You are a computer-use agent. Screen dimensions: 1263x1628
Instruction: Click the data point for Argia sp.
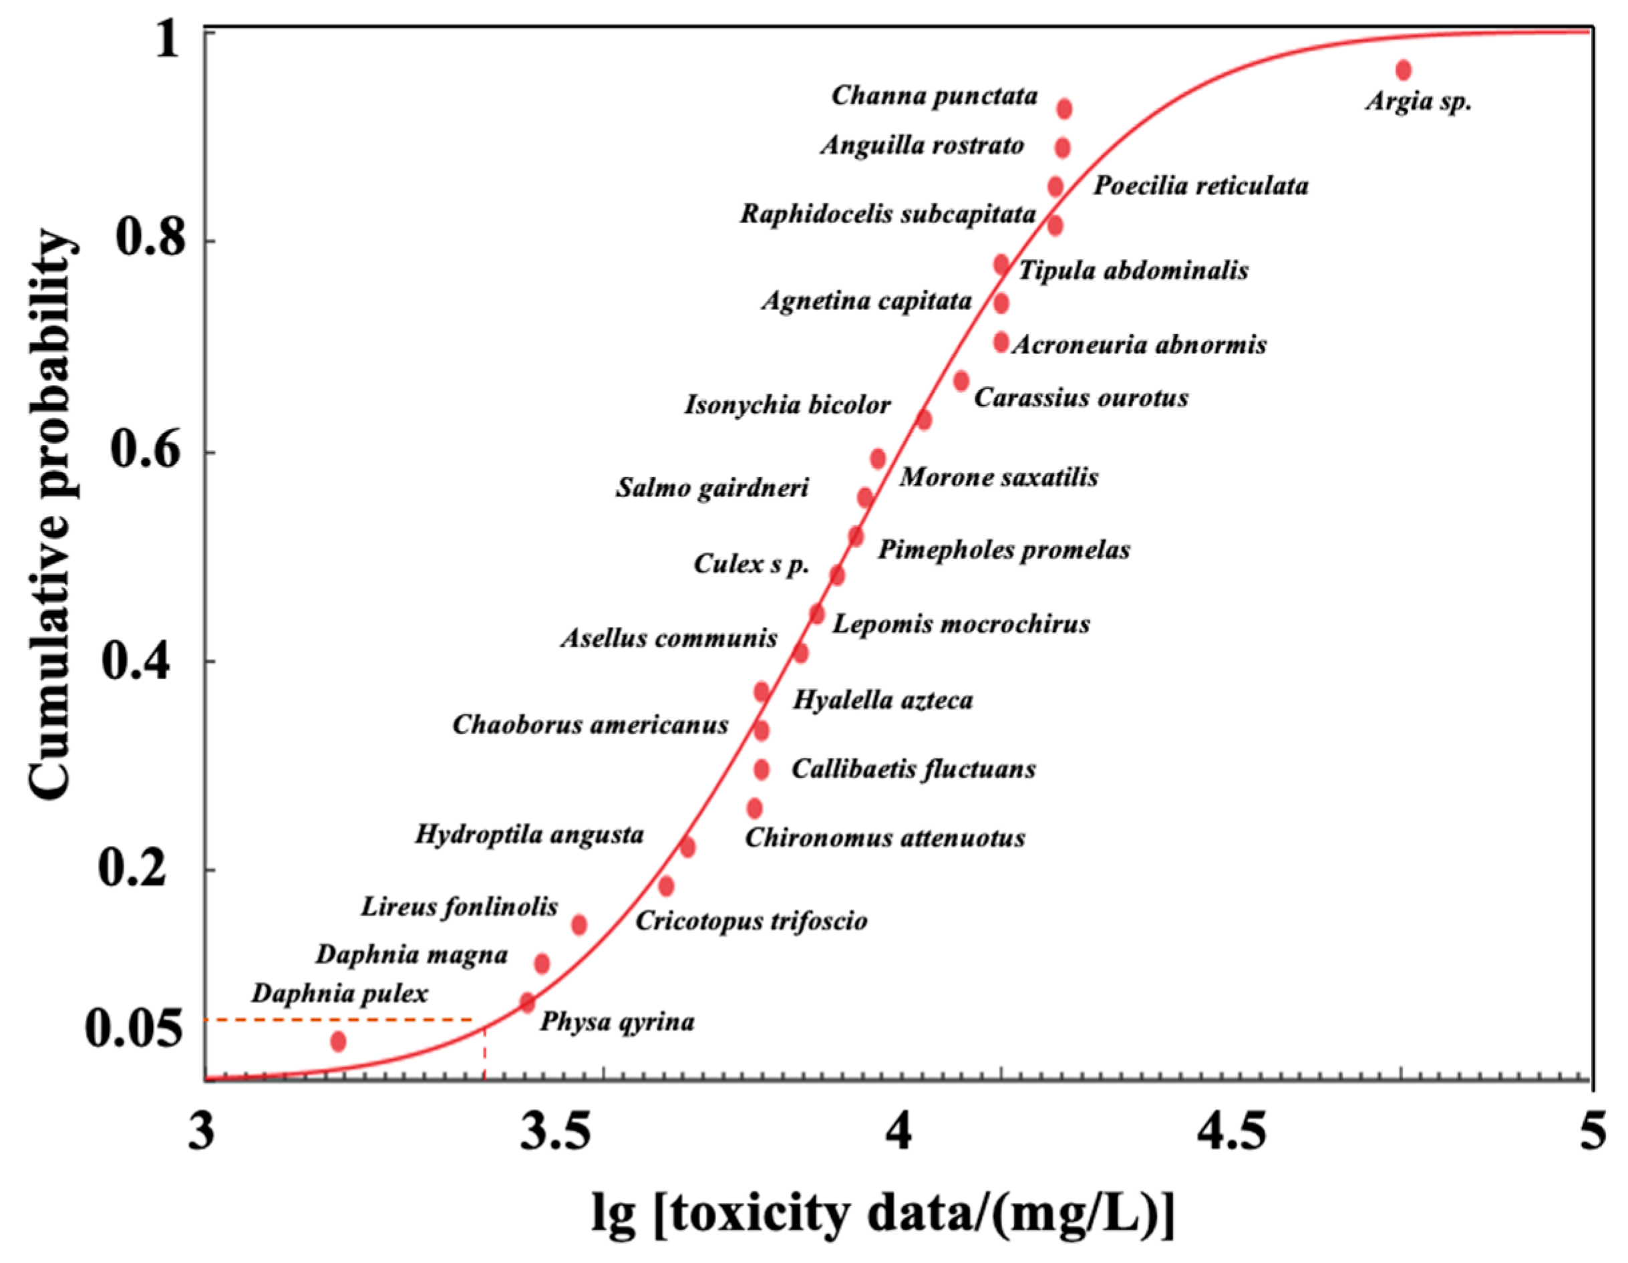tap(1404, 70)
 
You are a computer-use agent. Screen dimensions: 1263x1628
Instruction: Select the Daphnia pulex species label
tap(340, 994)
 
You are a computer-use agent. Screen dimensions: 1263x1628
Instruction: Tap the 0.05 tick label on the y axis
tap(134, 1029)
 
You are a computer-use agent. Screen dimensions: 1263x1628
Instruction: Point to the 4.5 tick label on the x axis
tap(1232, 1132)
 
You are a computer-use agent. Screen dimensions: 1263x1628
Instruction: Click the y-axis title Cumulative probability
tap(51, 515)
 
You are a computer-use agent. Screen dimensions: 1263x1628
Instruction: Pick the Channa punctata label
tap(934, 96)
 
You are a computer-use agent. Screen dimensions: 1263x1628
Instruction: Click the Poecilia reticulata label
tap(1200, 186)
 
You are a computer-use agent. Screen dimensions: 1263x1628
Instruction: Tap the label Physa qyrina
tap(617, 1022)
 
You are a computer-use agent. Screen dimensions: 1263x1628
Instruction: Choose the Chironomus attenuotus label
tap(885, 838)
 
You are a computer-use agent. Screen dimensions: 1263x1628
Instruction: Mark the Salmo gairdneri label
tap(712, 488)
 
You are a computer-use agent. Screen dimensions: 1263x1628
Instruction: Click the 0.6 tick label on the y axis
tap(147, 451)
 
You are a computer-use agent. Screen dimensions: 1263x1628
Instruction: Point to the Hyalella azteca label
tap(882, 700)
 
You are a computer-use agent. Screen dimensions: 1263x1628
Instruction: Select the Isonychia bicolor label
tap(787, 405)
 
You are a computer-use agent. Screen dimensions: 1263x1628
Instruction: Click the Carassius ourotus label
tap(1081, 398)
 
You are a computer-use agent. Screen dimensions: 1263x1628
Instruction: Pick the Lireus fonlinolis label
tap(459, 907)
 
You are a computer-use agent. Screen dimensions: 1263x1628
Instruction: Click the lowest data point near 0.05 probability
tap(339, 1041)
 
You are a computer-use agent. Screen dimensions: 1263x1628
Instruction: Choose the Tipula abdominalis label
tap(1133, 270)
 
